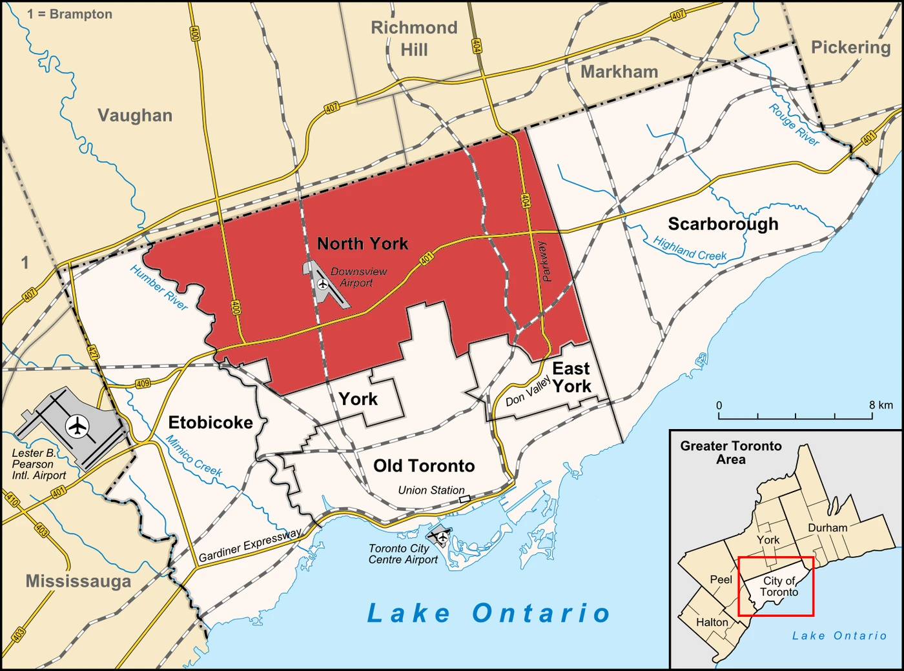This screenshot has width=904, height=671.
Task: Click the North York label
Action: [x=362, y=244]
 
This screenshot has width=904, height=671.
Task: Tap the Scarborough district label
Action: [x=723, y=224]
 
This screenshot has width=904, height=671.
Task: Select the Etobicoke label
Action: [x=211, y=423]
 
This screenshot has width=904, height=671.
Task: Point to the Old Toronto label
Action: [x=424, y=466]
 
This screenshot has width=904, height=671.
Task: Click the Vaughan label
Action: [x=135, y=115]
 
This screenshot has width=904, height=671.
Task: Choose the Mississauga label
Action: [x=78, y=581]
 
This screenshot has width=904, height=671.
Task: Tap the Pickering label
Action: [x=850, y=48]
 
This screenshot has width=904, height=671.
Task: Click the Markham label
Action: [x=619, y=72]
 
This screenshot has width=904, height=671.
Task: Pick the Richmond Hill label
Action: [x=414, y=38]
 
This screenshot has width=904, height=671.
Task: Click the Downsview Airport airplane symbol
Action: [x=323, y=283]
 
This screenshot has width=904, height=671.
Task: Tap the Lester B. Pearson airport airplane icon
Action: [x=77, y=426]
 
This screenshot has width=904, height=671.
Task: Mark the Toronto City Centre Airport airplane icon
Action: [x=442, y=536]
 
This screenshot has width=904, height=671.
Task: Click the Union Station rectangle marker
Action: [x=464, y=499]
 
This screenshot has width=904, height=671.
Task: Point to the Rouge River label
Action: [x=794, y=125]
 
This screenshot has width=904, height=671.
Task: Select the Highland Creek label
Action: [x=690, y=249]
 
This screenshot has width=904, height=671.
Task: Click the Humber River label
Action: [x=159, y=288]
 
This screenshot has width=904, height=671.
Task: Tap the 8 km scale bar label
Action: [x=881, y=405]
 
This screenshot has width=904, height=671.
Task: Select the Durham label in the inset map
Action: [x=827, y=528]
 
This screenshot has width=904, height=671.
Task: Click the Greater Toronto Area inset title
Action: [x=730, y=452]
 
